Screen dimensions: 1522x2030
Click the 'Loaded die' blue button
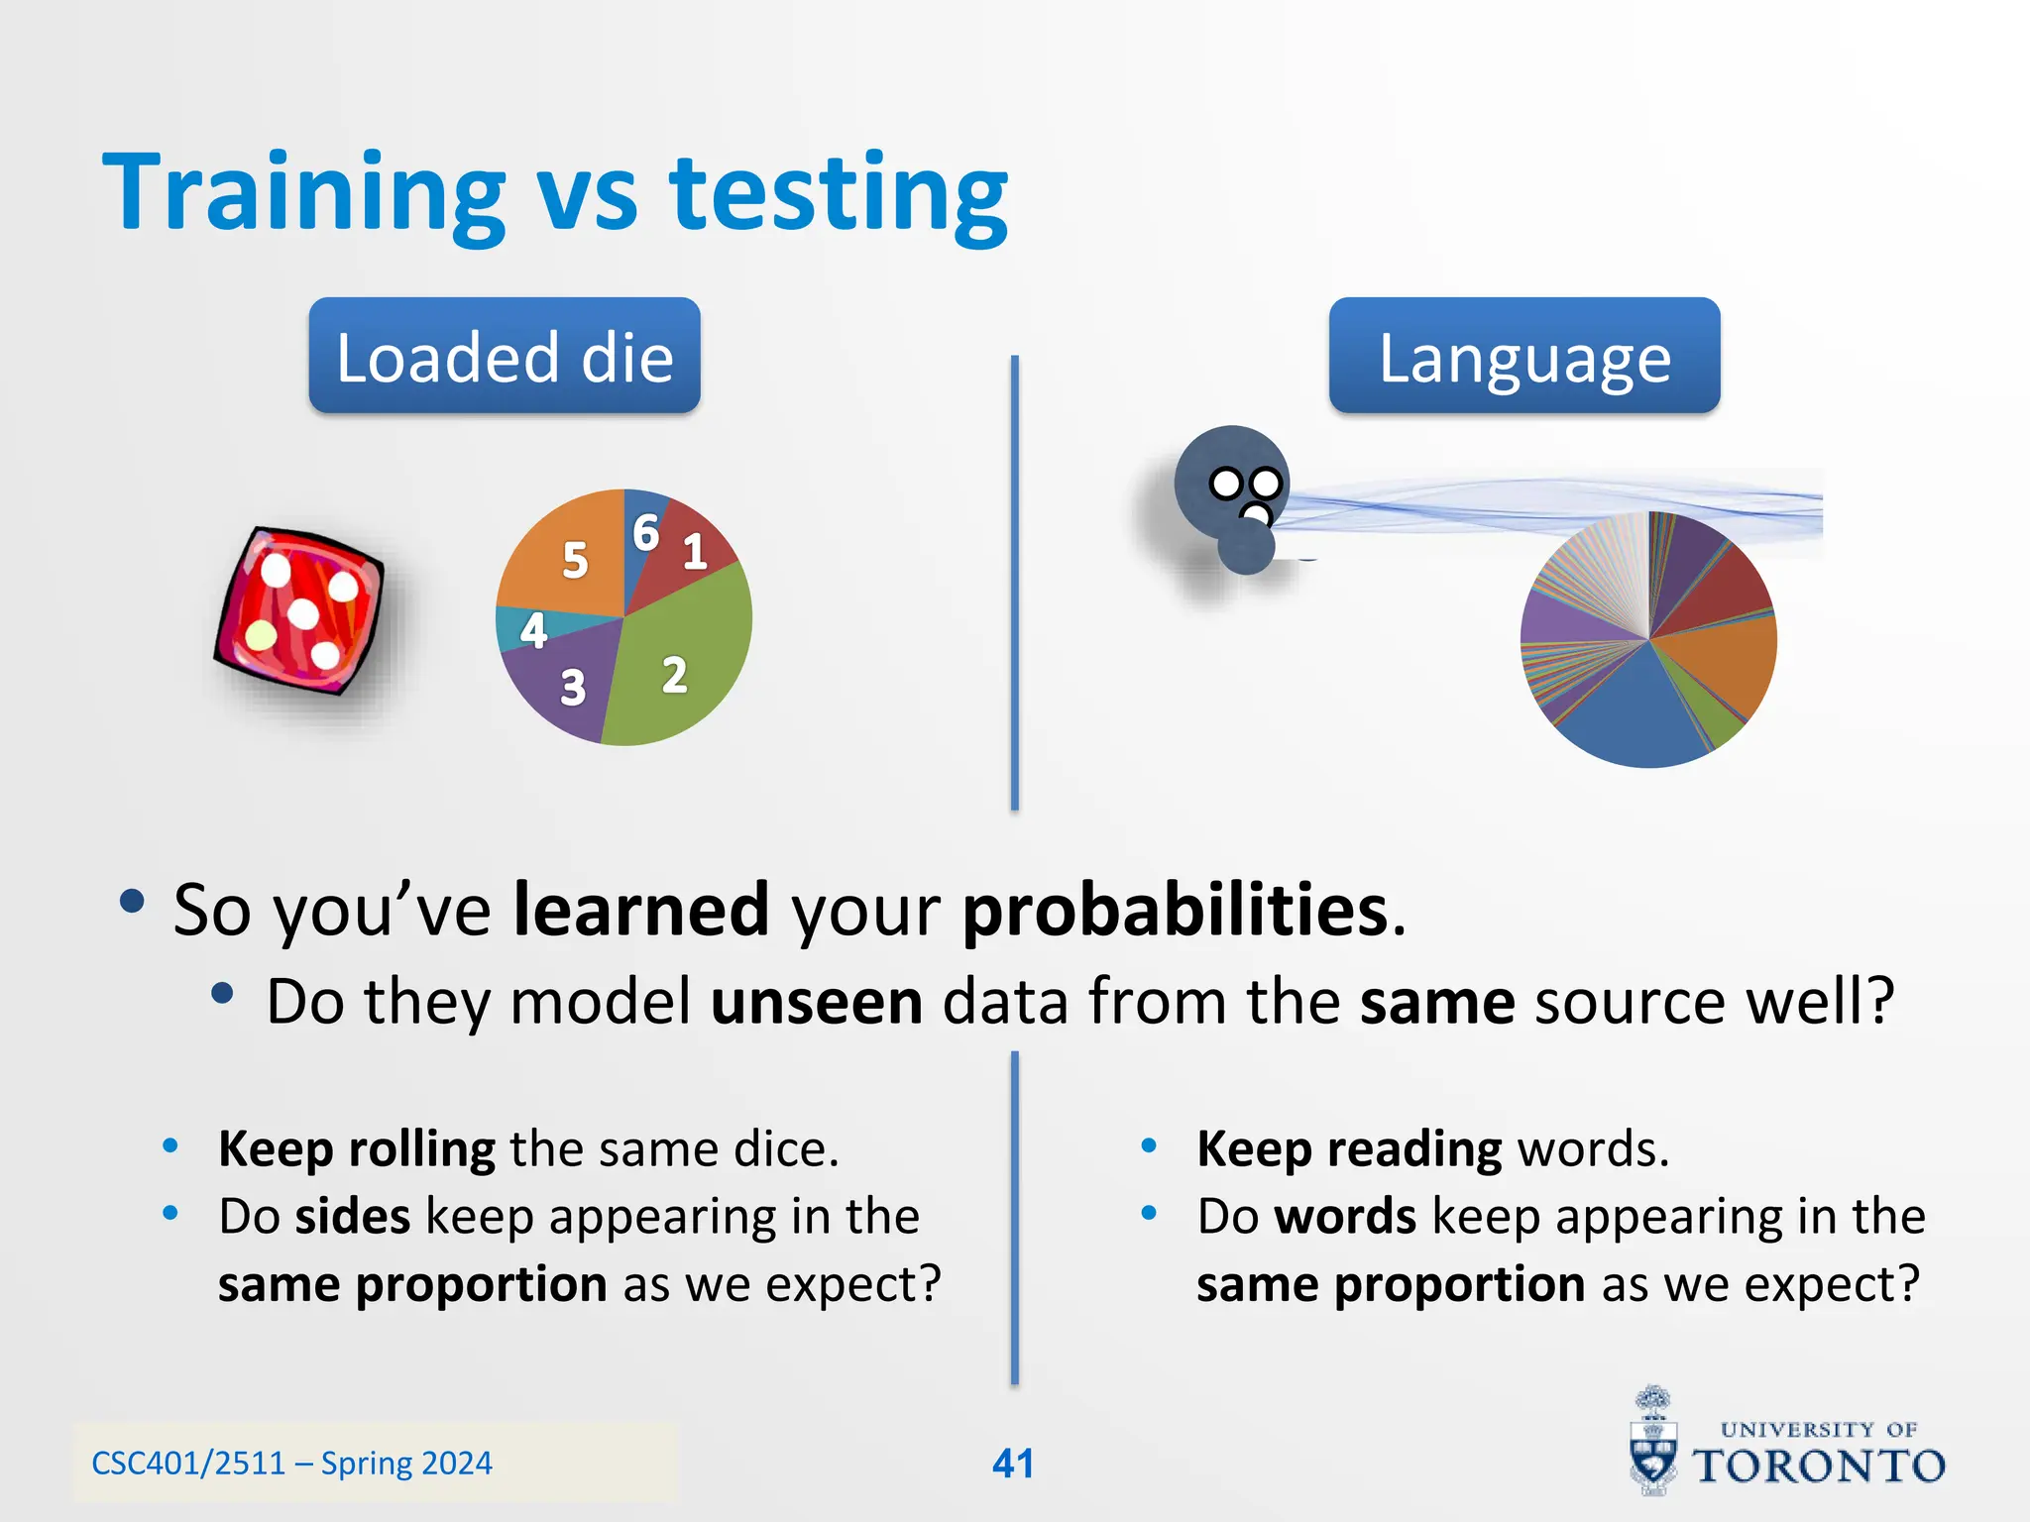click(504, 356)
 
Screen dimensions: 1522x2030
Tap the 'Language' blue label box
click(1523, 356)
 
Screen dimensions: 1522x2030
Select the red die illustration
click(299, 609)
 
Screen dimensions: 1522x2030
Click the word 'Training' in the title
click(304, 193)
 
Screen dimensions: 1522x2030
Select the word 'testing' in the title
click(839, 193)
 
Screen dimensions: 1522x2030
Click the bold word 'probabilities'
click(1175, 910)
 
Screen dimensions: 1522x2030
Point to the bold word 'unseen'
click(817, 1001)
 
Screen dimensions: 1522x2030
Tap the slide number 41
click(1013, 1464)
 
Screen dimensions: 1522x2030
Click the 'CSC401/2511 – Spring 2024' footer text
click(291, 1464)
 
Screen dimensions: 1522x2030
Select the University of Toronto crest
click(1653, 1442)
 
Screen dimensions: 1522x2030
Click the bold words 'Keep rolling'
click(357, 1149)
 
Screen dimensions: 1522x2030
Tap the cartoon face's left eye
click(1226, 485)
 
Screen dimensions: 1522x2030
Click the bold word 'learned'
click(640, 910)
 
